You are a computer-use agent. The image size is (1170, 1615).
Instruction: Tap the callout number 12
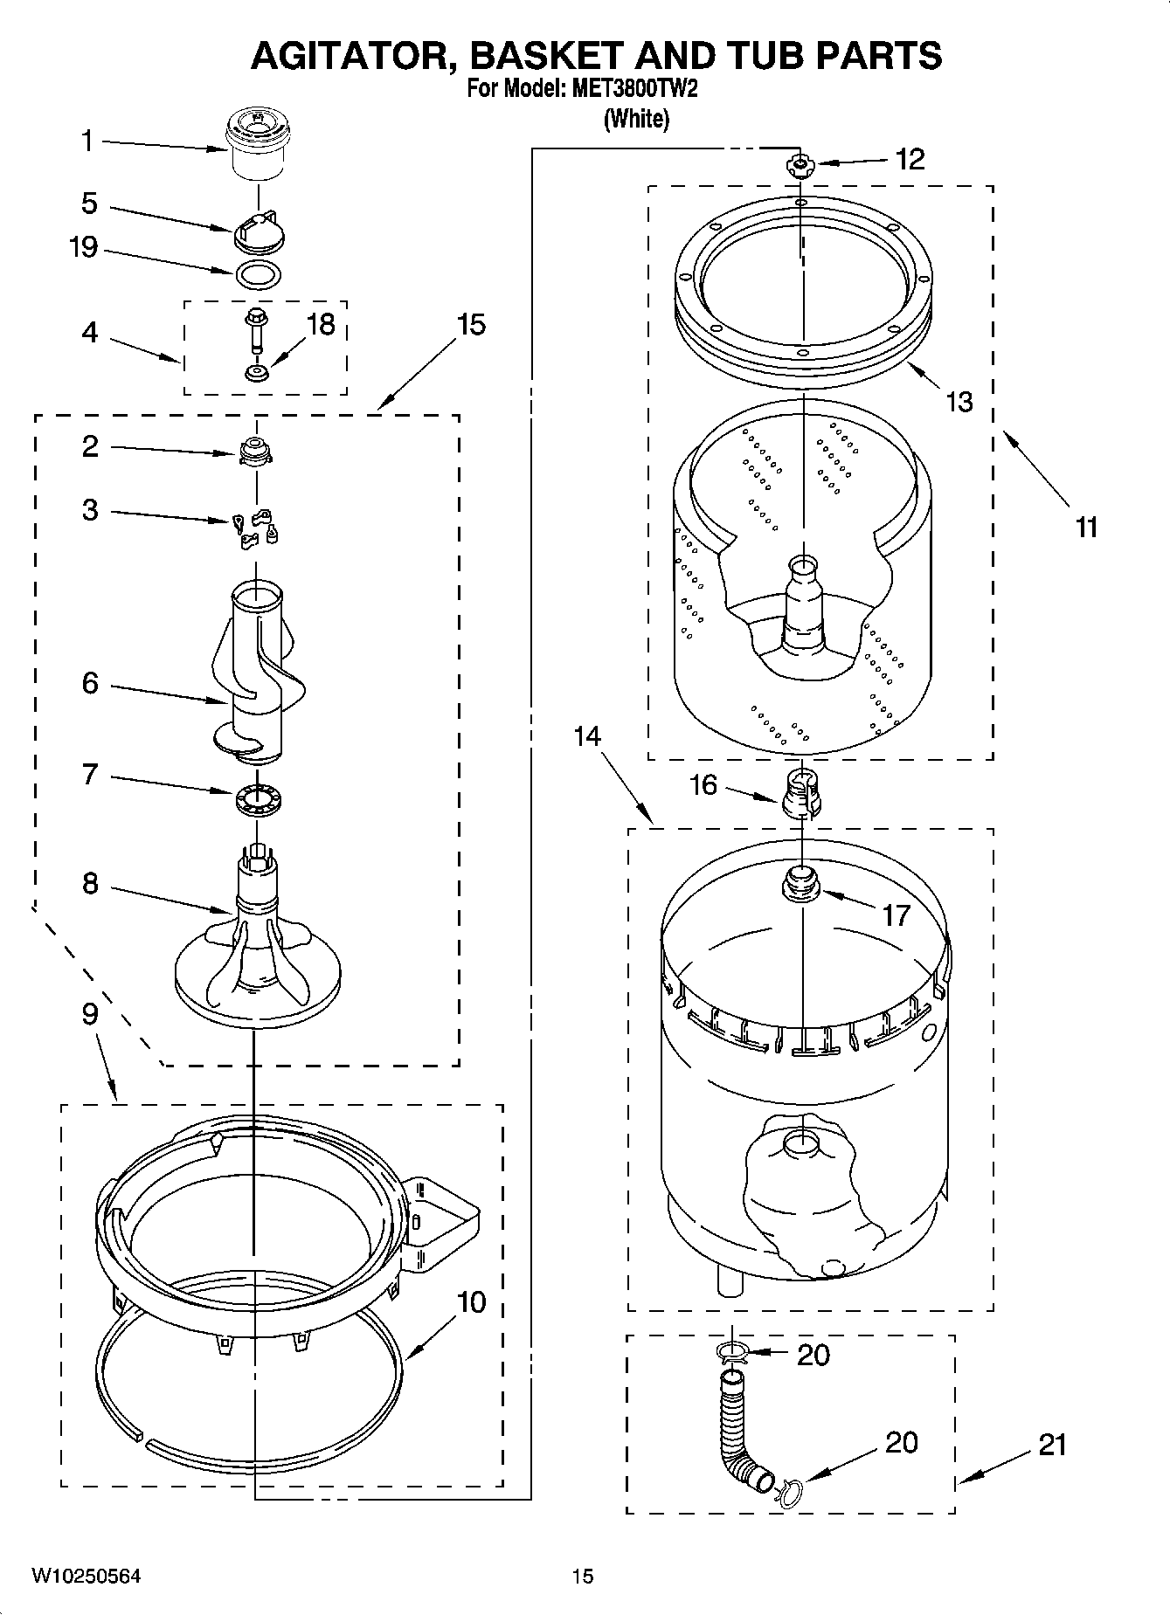910,160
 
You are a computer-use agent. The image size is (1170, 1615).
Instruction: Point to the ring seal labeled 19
258,273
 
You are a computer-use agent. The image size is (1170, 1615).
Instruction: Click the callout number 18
321,325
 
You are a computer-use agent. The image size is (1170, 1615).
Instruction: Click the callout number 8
90,884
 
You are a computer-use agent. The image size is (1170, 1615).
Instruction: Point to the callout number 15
470,325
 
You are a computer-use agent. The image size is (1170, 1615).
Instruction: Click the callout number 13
959,402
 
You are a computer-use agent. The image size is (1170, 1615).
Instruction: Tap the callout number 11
1085,528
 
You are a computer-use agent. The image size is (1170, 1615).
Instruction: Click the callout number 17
897,915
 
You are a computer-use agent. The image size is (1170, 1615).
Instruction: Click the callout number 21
1052,1445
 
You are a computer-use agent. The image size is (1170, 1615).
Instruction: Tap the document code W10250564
87,1576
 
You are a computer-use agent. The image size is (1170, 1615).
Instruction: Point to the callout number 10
471,1302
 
